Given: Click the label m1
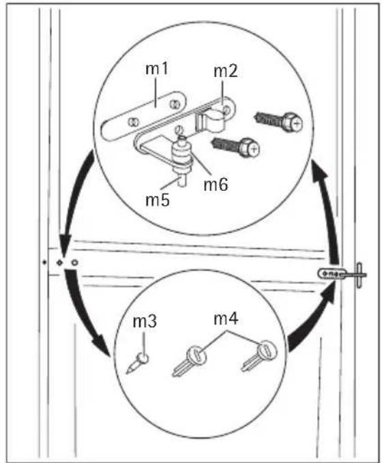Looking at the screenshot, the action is (x=157, y=68).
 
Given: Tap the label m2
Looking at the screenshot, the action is (x=225, y=71).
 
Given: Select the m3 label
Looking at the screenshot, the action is (x=145, y=321).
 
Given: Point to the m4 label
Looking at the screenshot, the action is (x=226, y=318).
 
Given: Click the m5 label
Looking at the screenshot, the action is (x=158, y=200).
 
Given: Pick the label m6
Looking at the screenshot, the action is (x=216, y=185).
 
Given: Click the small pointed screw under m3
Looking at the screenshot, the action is (x=137, y=364).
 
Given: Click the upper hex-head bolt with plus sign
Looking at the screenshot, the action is (x=279, y=121).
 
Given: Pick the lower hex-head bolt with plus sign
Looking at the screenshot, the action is (x=236, y=147).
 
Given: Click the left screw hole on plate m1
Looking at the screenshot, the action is (x=132, y=121).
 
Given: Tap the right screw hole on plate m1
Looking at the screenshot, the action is (x=175, y=104).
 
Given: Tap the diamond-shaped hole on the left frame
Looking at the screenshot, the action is (x=59, y=263).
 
